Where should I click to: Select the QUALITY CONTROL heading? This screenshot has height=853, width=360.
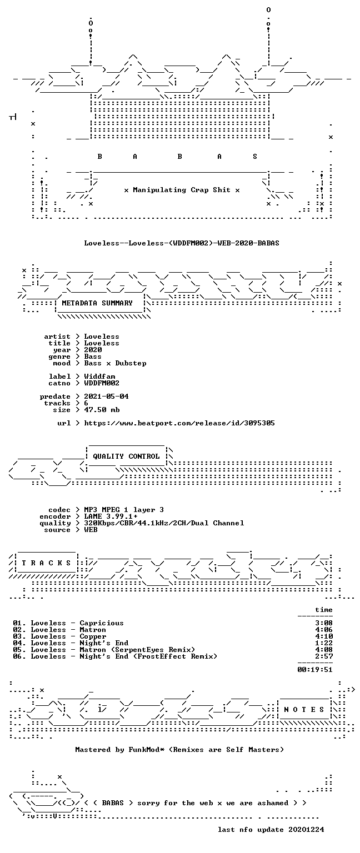click(x=126, y=456)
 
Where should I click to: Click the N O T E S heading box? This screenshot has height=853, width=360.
click(x=304, y=709)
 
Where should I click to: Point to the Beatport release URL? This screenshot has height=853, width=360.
click(x=179, y=423)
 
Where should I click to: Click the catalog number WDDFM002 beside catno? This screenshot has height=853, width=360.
click(x=102, y=383)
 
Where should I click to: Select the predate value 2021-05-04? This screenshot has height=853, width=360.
click(x=106, y=397)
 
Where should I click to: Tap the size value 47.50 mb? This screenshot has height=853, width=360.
click(x=102, y=410)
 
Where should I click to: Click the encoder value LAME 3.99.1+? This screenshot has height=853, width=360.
click(x=111, y=516)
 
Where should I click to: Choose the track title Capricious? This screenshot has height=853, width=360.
click(x=102, y=623)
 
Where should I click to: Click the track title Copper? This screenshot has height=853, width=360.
click(x=93, y=636)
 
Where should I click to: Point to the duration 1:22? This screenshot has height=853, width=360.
click(x=324, y=643)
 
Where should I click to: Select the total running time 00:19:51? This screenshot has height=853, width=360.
click(x=315, y=669)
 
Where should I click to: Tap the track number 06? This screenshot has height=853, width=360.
click(x=18, y=656)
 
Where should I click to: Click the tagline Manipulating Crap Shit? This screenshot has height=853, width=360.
click(x=182, y=189)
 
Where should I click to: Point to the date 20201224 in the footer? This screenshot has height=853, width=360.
click(x=306, y=829)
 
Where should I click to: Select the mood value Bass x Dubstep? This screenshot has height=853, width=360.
click(x=115, y=363)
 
